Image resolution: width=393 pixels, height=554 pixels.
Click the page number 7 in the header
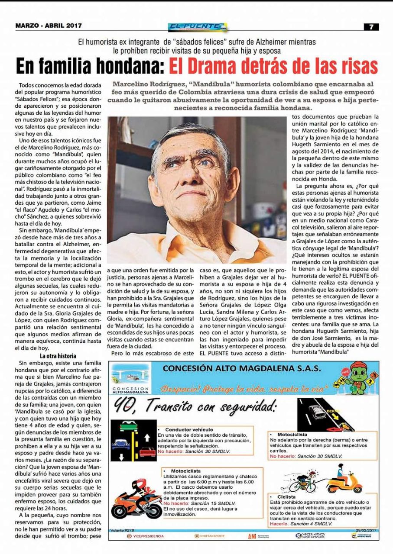pyautogui.click(x=371, y=26)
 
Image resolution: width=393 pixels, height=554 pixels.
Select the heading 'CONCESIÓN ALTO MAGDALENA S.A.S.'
pyautogui.click(x=242, y=369)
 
